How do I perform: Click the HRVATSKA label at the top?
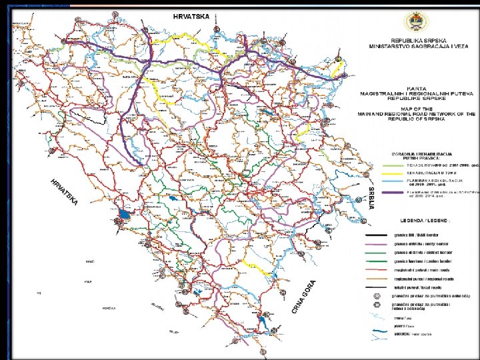(192, 15)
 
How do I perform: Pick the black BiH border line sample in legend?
(377, 234)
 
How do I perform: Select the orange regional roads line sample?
(377, 279)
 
